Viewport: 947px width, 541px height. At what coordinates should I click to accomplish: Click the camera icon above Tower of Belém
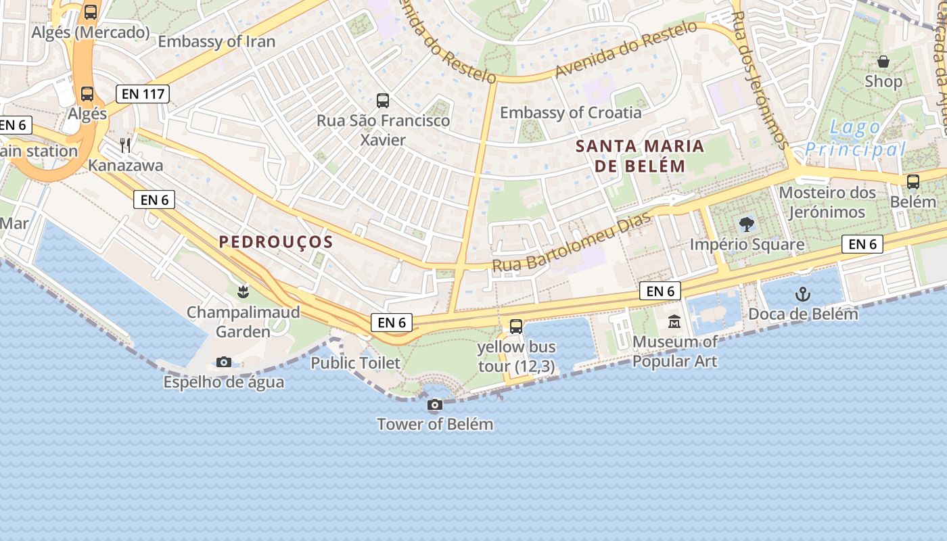point(435,405)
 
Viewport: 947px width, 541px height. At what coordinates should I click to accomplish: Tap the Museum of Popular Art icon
point(674,322)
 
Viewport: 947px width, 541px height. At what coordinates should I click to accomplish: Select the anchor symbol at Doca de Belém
point(802,294)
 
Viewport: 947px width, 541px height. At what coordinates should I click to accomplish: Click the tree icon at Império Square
point(747,224)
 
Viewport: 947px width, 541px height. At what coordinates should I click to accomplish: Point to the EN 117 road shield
point(142,94)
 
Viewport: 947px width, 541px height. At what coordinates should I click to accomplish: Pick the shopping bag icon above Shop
point(883,62)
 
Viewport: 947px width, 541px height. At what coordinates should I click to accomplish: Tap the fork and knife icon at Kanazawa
point(125,145)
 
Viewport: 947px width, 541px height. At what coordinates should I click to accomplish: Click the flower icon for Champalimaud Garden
point(242,292)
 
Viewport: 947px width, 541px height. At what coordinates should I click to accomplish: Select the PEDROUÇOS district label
point(276,242)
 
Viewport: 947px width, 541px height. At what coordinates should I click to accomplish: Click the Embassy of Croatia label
point(570,113)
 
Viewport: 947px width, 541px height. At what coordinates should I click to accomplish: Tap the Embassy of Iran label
point(216,42)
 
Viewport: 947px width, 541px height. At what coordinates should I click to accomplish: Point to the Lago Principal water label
point(856,138)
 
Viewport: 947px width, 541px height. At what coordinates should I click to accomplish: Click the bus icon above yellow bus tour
point(516,327)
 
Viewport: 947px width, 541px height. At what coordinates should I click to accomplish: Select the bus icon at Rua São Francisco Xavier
point(383,101)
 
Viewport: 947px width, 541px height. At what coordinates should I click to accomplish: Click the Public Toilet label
point(355,363)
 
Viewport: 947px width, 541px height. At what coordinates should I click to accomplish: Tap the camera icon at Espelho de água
point(224,362)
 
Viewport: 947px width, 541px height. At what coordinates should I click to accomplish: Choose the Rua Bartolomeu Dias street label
point(572,243)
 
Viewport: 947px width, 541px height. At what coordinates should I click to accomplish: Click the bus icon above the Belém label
point(913,181)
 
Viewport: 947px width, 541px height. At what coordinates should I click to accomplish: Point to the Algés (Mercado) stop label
point(91,32)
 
